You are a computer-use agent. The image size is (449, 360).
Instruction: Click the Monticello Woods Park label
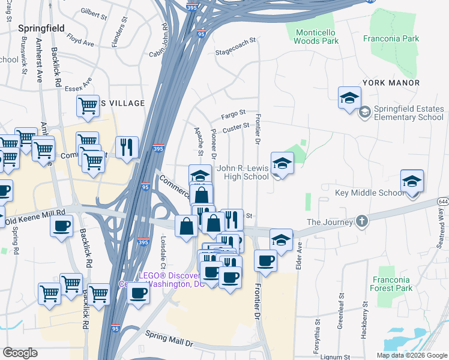click(x=316, y=37)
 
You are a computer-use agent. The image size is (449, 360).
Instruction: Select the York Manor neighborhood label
click(x=390, y=82)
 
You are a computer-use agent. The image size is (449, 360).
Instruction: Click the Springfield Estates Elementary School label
click(x=409, y=113)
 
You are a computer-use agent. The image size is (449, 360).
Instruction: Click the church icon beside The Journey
click(x=361, y=221)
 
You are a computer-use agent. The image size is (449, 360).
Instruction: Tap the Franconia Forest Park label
click(x=391, y=284)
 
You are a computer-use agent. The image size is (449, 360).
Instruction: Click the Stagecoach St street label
click(x=235, y=41)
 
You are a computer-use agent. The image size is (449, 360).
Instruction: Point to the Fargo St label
click(x=234, y=113)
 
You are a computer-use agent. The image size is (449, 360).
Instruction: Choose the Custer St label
click(x=236, y=127)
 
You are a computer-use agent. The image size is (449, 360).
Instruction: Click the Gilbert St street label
click(x=93, y=11)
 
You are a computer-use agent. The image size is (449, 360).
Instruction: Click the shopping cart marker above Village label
click(x=88, y=107)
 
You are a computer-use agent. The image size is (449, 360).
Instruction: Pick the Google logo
click(x=20, y=353)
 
